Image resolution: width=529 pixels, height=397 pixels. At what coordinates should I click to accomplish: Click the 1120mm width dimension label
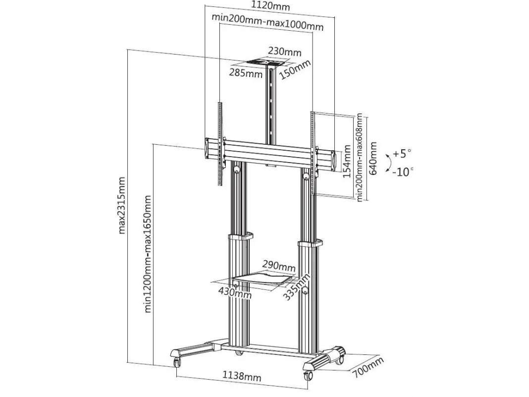pyautogui.click(x=271, y=6)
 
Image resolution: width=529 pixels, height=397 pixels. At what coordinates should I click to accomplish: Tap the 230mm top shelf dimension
pyautogui.click(x=285, y=52)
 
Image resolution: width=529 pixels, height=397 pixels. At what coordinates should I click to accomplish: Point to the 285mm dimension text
pyautogui.click(x=246, y=72)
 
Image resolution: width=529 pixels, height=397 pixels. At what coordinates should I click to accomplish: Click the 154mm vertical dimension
pyautogui.click(x=347, y=162)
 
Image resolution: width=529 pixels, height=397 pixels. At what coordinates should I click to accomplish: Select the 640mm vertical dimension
pyautogui.click(x=372, y=158)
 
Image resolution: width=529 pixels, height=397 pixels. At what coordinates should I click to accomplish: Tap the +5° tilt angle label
pyautogui.click(x=402, y=154)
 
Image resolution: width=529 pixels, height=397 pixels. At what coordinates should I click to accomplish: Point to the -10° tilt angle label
pyautogui.click(x=403, y=172)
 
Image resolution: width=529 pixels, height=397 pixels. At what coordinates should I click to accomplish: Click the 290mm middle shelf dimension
pyautogui.click(x=279, y=266)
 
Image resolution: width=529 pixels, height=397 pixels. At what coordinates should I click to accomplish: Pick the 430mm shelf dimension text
pyautogui.click(x=235, y=292)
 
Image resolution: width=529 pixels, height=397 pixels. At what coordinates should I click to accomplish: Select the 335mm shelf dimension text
pyautogui.click(x=296, y=286)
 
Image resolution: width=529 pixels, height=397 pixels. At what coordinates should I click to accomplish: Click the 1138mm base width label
pyautogui.click(x=242, y=376)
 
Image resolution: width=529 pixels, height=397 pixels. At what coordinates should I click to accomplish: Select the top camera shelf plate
pyautogui.click(x=269, y=63)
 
